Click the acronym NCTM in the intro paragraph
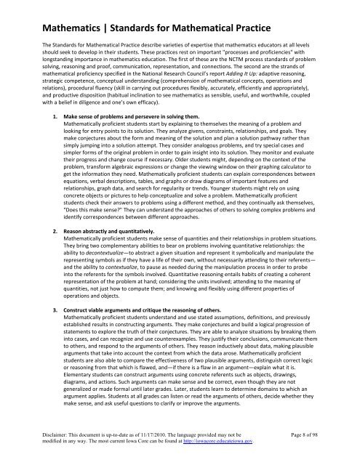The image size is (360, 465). click(230, 69)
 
